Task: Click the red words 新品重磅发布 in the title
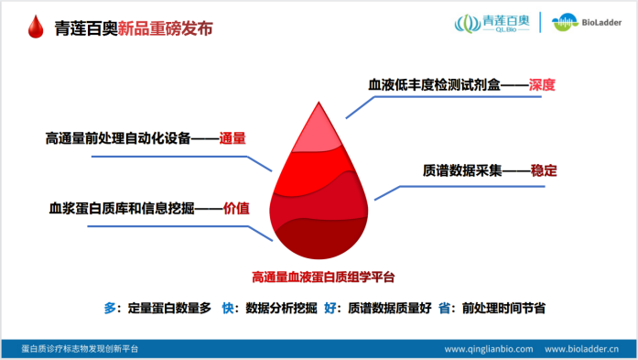tap(166, 27)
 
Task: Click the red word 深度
tap(543, 85)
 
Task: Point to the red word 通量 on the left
tap(233, 138)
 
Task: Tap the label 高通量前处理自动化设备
tap(118, 138)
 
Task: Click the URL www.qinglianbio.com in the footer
tap(488, 349)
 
